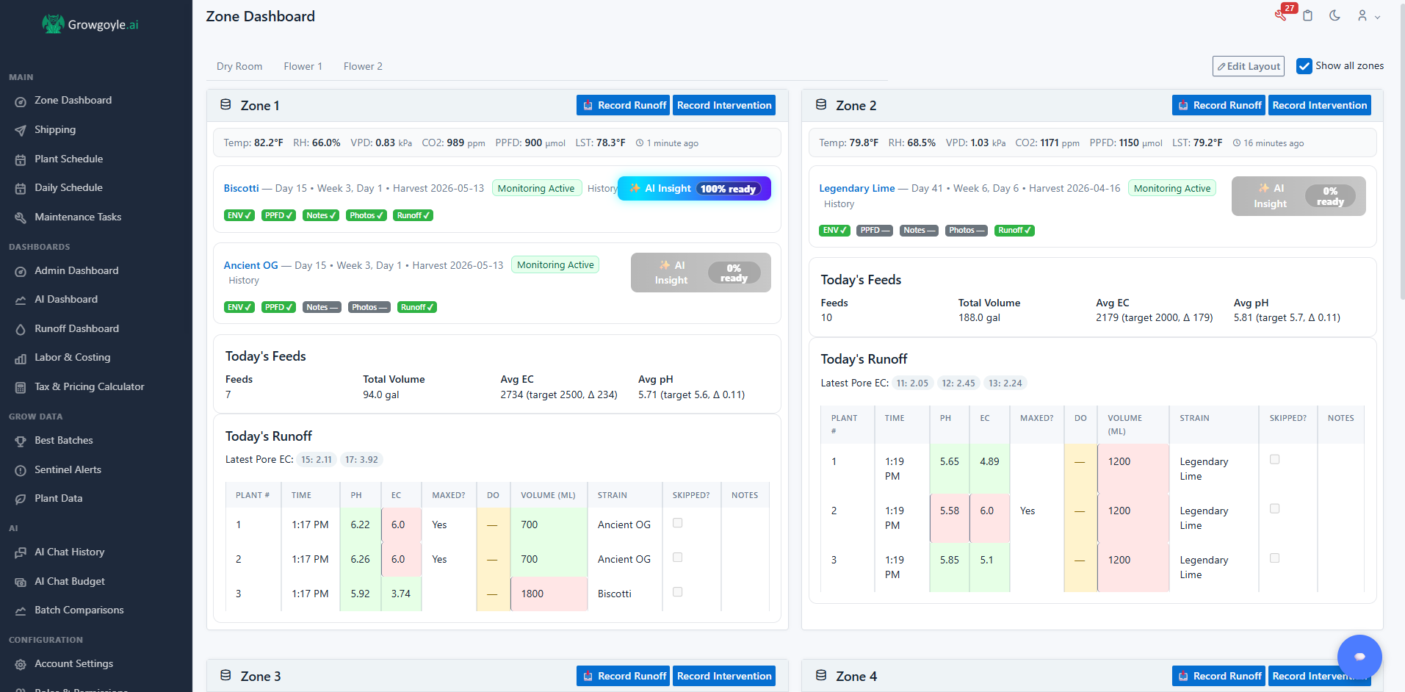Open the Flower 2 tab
tap(363, 66)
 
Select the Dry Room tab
tap(239, 66)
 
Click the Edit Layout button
tap(1248, 66)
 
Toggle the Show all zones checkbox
tap(1304, 66)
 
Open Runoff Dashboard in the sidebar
tap(76, 328)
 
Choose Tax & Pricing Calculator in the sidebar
tap(89, 386)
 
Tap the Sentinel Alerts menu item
tap(68, 469)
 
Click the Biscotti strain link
tap(241, 188)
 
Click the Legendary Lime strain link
tap(856, 188)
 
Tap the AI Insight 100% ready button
tap(694, 189)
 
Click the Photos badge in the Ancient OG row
tap(369, 307)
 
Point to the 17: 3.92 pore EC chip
tap(361, 460)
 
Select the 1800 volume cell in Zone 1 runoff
tap(549, 594)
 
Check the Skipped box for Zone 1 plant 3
tap(677, 592)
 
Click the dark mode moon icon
tap(1334, 15)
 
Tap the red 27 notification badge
tap(1289, 9)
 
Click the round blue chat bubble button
tap(1359, 657)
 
